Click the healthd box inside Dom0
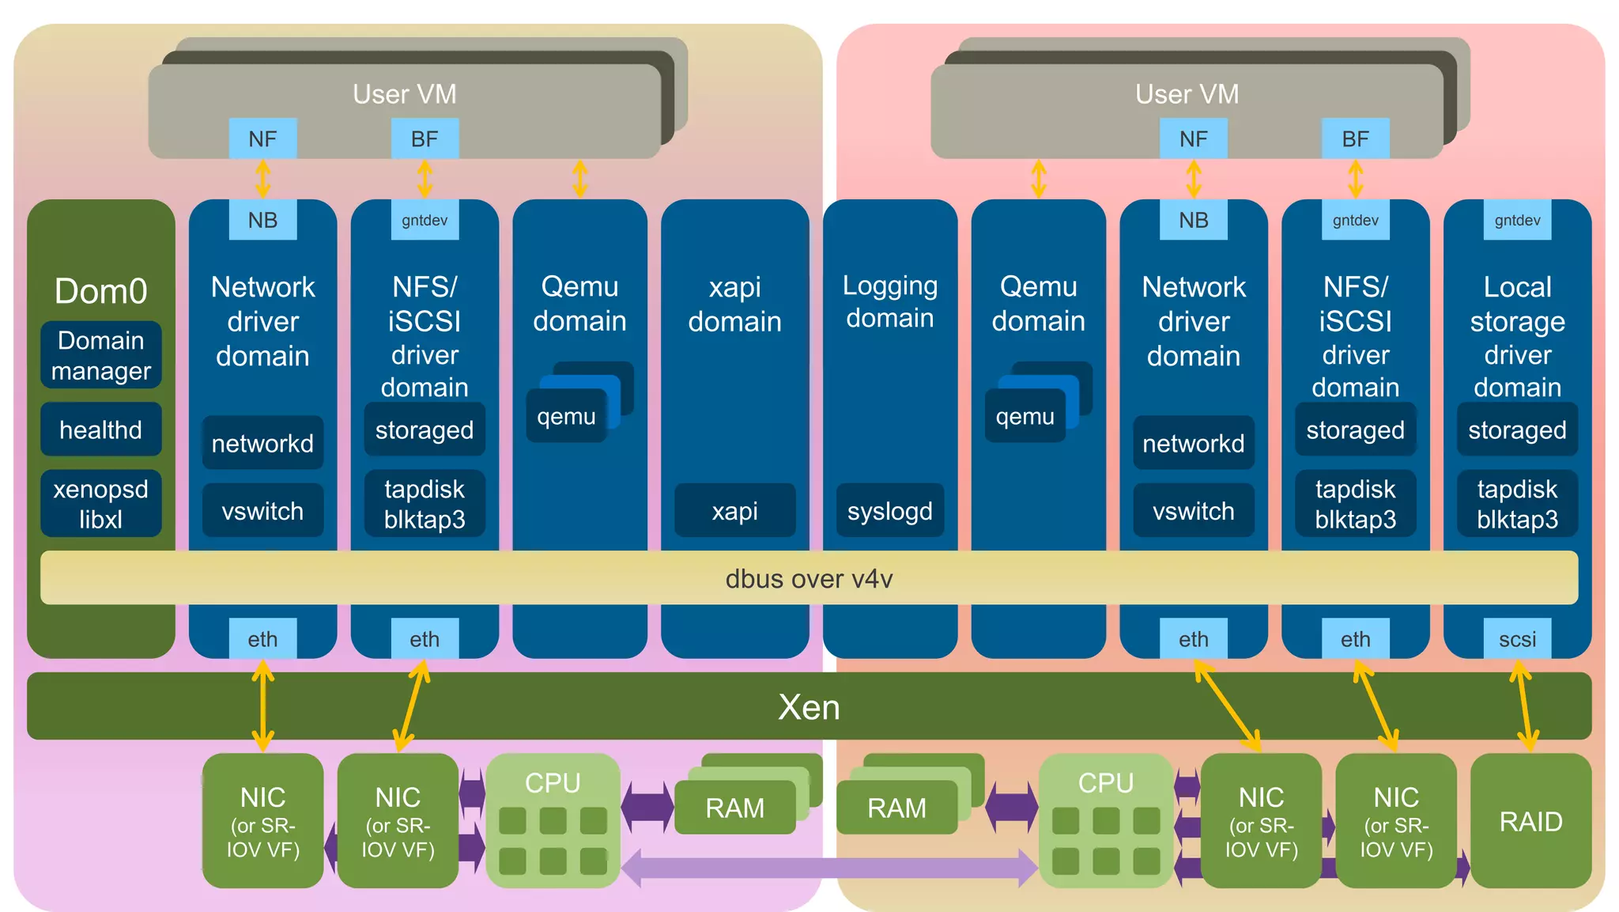pos(100,430)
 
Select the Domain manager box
pos(100,355)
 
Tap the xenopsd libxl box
pos(100,504)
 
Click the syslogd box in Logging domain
pos(889,511)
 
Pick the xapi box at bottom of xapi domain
pos(734,511)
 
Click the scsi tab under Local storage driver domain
pos(1516,638)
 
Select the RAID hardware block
pos(1530,821)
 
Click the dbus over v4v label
pos(809,579)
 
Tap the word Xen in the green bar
pos(809,706)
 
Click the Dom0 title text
pos(100,291)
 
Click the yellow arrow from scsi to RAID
pos(1523,706)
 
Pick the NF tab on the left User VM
pos(262,138)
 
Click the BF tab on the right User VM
pos(1355,138)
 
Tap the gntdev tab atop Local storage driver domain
pos(1516,220)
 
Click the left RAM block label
pos(734,808)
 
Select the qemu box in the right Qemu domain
pos(1025,416)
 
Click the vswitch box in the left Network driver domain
pos(262,511)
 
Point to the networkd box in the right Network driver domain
pos(1193,443)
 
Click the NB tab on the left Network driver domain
pos(262,220)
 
